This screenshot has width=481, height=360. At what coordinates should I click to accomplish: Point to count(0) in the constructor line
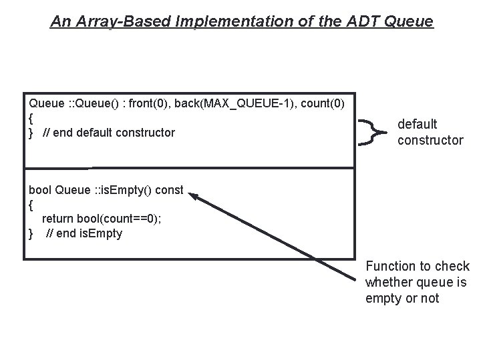[x=320, y=103]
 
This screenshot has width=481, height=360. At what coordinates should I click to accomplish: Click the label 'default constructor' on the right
[x=430, y=132]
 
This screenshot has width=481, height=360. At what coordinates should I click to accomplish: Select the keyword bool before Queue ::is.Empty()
[x=40, y=190]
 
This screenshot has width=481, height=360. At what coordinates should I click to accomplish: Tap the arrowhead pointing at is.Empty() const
[x=193, y=196]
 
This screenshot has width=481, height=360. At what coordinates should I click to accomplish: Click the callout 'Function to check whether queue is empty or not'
[x=418, y=282]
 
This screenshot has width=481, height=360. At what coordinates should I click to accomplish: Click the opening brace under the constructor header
[x=31, y=118]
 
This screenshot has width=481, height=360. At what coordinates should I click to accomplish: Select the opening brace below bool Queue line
[x=31, y=205]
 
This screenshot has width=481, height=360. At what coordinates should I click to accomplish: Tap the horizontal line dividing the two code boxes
[x=189, y=167]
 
